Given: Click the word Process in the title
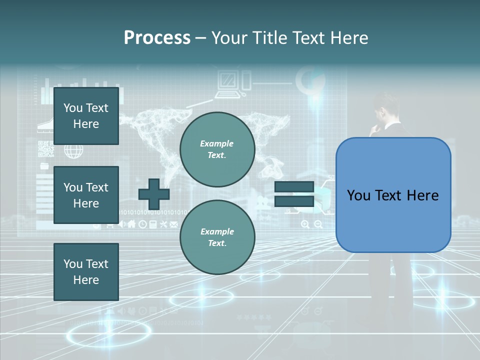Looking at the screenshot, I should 157,38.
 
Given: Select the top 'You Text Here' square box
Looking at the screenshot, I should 86,116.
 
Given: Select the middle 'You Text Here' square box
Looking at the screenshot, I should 86,195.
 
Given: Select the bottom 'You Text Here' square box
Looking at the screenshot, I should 86,272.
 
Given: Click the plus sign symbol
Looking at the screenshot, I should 154,194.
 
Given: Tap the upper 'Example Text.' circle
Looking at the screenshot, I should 217,149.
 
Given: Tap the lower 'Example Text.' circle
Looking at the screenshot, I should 217,237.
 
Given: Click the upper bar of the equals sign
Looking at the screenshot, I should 294,187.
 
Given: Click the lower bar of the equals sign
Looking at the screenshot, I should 294,201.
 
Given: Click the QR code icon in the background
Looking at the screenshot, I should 45,149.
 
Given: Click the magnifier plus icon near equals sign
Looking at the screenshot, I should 305,224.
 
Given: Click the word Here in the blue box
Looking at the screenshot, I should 422,195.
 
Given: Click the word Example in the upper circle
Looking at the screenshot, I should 217,143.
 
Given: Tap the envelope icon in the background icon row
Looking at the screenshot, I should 174,224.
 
